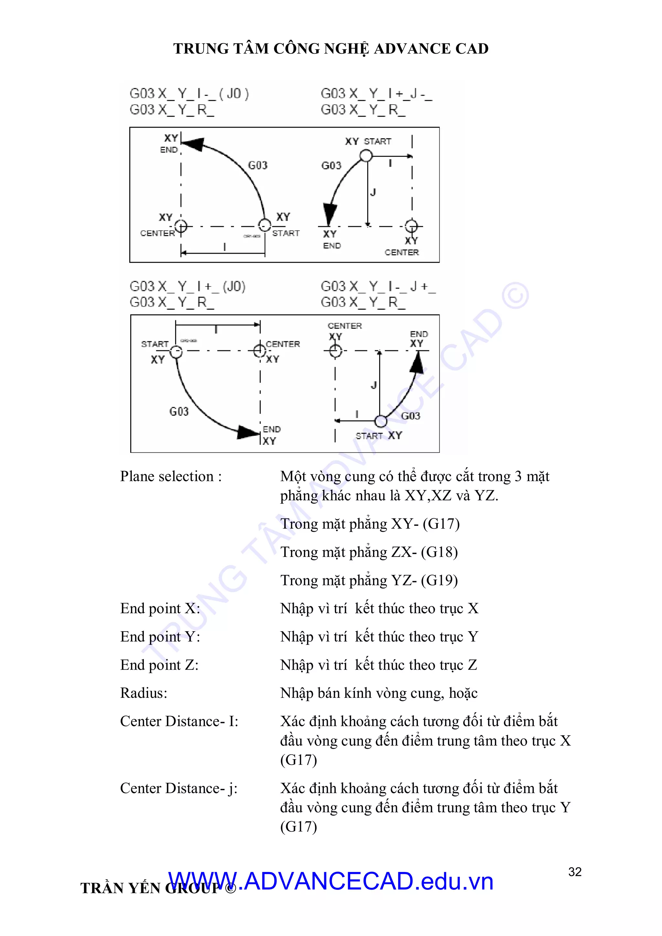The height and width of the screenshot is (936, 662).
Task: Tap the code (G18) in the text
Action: pos(439,552)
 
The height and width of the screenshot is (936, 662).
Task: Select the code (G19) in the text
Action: pos(439,580)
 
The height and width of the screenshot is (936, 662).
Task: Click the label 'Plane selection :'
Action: pos(171,476)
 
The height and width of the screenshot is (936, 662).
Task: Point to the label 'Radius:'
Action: pos(144,693)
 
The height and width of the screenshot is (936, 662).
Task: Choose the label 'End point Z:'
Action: pos(159,665)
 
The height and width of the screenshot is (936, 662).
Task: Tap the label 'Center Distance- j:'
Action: pos(178,788)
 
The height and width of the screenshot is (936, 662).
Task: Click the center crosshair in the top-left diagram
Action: pos(181,226)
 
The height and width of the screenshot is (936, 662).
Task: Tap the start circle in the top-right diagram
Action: pos(366,155)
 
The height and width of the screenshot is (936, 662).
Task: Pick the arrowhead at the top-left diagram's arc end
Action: pos(192,144)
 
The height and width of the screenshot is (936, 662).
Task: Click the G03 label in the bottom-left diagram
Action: pos(179,411)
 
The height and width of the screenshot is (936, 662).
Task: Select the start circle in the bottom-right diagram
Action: pos(381,421)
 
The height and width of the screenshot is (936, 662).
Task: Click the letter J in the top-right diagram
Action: pos(373,192)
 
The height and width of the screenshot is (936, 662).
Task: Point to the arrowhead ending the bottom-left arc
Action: pos(248,432)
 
